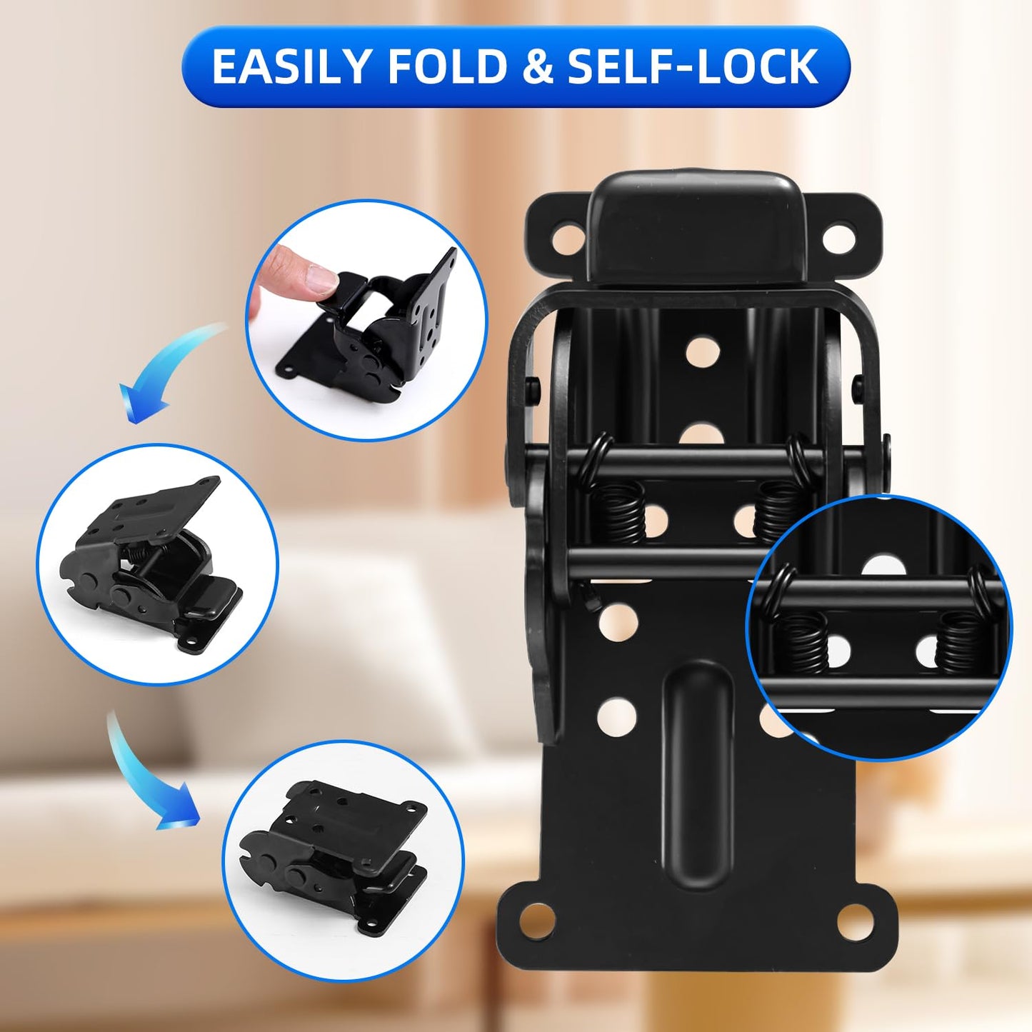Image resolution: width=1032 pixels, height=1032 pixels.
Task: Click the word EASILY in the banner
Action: point(291,67)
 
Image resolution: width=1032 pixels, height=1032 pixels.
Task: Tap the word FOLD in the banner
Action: point(447,67)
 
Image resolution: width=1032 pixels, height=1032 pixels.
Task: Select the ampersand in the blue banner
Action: point(536,67)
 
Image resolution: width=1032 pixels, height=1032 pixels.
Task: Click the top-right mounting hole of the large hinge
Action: point(839,238)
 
